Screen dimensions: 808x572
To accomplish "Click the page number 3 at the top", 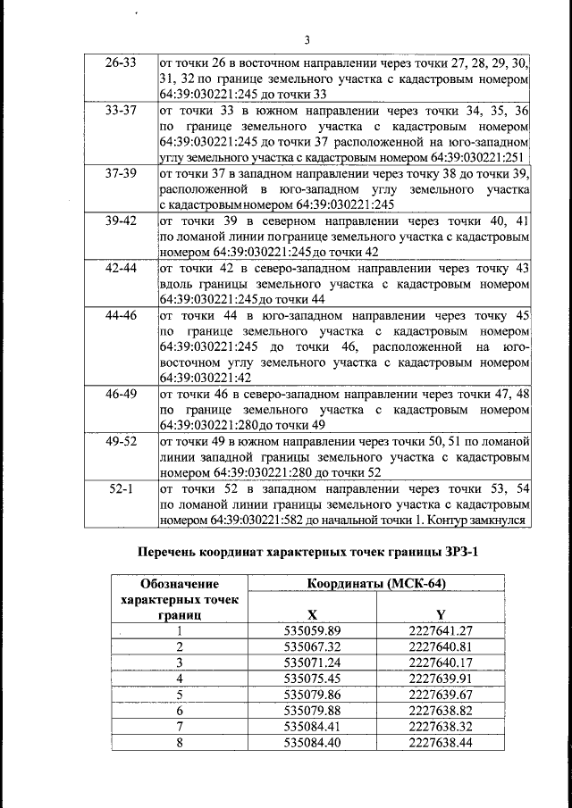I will (307, 39).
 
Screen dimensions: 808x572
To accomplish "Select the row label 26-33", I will (121, 63).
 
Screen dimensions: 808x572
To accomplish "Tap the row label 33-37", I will (121, 112).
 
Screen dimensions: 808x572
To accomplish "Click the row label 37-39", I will (121, 173).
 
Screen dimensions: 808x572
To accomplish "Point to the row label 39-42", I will (121, 221).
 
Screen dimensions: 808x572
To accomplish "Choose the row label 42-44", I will (121, 268).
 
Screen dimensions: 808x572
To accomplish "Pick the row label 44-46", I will (121, 315).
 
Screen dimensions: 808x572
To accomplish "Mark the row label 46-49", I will (121, 392).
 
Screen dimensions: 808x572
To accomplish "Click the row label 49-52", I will (121, 441).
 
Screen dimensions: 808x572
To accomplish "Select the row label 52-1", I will (121, 488).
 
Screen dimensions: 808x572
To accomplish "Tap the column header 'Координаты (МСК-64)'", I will (377, 584).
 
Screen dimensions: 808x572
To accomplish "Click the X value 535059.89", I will (312, 630).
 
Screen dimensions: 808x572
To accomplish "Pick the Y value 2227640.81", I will (440, 646).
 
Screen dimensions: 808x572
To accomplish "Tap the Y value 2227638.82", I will (440, 709).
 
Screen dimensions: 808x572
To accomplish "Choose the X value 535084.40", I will (312, 741).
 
